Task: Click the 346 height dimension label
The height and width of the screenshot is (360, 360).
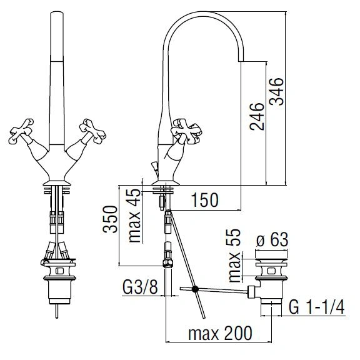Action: pyautogui.click(x=276, y=91)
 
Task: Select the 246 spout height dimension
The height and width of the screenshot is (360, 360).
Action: pyautogui.click(x=257, y=117)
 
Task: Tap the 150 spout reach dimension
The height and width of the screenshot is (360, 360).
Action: pyautogui.click(x=205, y=200)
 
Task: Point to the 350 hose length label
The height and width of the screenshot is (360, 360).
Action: pyautogui.click(x=110, y=219)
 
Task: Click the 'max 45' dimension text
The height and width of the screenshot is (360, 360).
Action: pyautogui.click(x=134, y=216)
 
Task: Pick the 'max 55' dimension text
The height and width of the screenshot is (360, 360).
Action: pyautogui.click(x=234, y=255)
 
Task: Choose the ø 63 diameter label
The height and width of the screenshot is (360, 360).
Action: pyautogui.click(x=272, y=239)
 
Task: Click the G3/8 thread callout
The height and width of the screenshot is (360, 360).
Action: pyautogui.click(x=140, y=287)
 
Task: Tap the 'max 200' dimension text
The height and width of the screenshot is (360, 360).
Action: pyautogui.click(x=220, y=333)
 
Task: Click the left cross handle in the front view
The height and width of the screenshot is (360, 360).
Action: pyautogui.click(x=21, y=131)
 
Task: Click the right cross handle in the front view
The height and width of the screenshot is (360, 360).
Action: pyautogui.click(x=92, y=131)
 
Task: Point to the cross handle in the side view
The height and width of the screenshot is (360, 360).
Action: pyautogui.click(x=186, y=131)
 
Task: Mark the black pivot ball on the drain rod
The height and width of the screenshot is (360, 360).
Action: pyautogui.click(x=195, y=289)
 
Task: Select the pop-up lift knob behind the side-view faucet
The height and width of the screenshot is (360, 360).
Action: pyautogui.click(x=154, y=166)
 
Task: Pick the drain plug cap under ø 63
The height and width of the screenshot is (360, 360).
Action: pyautogui.click(x=271, y=255)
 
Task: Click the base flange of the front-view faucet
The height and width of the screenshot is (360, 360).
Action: pyautogui.click(x=57, y=183)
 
